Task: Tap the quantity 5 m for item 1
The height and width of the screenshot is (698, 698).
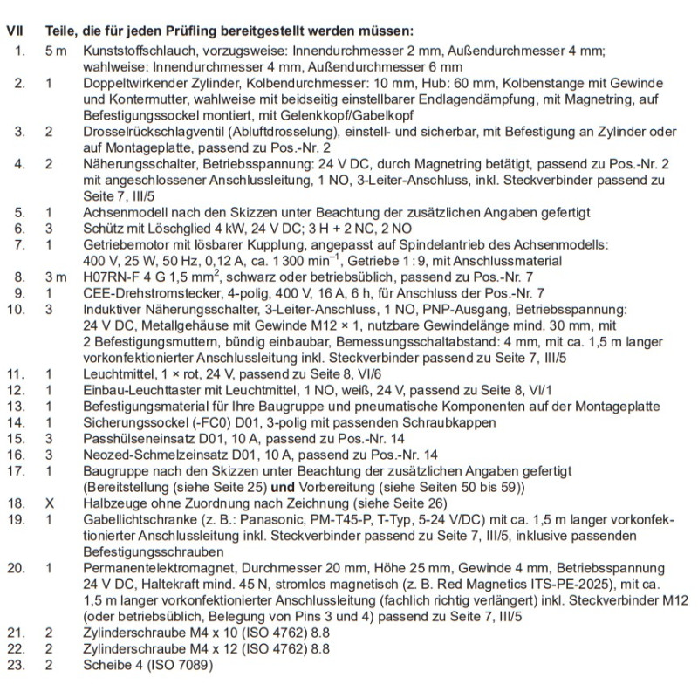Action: click(55, 51)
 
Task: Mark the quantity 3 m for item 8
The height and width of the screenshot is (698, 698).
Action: click(55, 276)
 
